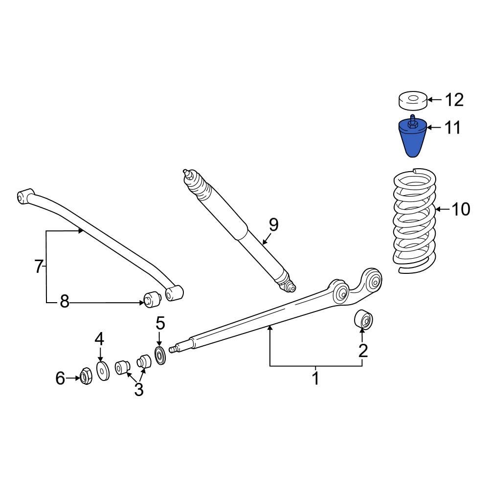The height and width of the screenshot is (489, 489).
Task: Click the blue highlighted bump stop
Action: [411, 139]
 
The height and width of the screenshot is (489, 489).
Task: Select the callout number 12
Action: [453, 100]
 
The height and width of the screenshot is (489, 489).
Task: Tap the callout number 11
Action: [452, 128]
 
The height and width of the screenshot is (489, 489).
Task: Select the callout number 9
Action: [273, 225]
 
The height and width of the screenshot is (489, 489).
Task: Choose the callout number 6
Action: [60, 378]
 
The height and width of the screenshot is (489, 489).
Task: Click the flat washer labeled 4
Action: [103, 371]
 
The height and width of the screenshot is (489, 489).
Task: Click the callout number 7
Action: [39, 267]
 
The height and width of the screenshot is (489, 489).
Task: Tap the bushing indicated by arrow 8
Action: [151, 298]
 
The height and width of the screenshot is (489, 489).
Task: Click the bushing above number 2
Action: [363, 320]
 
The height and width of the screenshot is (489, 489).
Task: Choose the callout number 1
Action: [315, 378]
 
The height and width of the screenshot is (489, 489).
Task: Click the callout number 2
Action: [362, 350]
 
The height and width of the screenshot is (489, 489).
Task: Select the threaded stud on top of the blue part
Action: [412, 119]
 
